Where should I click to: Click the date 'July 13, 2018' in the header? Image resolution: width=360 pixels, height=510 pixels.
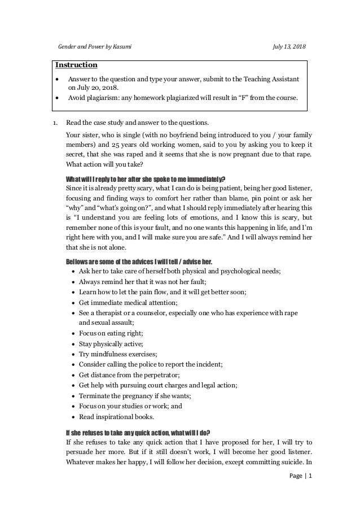tap(288, 45)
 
